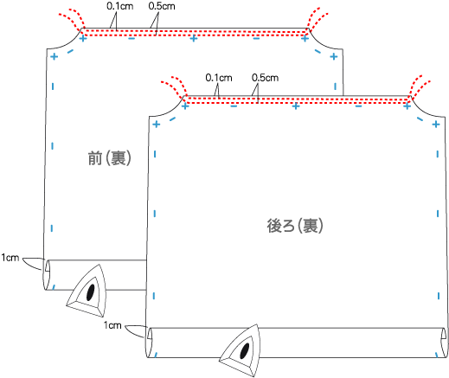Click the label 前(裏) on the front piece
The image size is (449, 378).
pyautogui.click(x=110, y=158)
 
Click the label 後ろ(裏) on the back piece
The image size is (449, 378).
pyautogui.click(x=295, y=226)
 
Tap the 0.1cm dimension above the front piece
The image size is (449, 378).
pyautogui.click(x=120, y=6)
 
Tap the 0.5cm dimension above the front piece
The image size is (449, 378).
pyautogui.click(x=162, y=6)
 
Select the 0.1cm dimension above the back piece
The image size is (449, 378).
pyautogui.click(x=219, y=78)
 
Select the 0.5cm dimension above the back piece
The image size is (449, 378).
pyautogui.click(x=265, y=78)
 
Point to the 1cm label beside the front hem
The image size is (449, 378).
pyautogui.click(x=10, y=258)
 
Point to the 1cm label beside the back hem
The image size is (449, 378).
pyautogui.click(x=112, y=325)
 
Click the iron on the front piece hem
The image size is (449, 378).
pyautogui.click(x=87, y=291)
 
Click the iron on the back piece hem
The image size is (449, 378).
pyautogui.click(x=240, y=350)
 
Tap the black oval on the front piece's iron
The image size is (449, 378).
pyautogui.click(x=91, y=292)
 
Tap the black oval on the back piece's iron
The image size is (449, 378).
pyautogui.click(x=245, y=350)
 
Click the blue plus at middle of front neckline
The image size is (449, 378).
pyautogui.click(x=194, y=38)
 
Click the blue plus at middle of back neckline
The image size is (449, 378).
pyautogui.click(x=296, y=106)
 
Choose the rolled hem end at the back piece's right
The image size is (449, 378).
pyautogui.click(x=444, y=343)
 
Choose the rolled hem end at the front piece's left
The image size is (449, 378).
pyautogui.click(x=47, y=274)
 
